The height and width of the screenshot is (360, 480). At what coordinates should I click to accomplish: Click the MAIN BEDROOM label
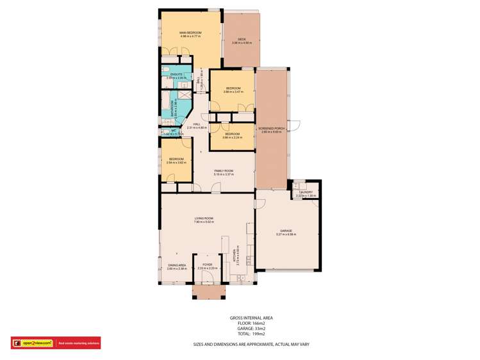pos(191,33)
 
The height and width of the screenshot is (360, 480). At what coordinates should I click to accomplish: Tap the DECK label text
pos(242,40)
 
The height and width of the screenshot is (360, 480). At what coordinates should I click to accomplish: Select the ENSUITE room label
pos(176,75)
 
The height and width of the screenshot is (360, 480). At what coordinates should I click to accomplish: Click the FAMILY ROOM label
pos(224,170)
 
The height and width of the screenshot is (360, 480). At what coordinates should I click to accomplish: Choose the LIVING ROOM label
pos(204,218)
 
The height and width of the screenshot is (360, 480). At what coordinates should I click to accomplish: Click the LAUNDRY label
pos(306,192)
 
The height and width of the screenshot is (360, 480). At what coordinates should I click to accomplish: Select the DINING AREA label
pos(177,265)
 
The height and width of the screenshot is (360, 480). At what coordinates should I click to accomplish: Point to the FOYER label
pos(207,264)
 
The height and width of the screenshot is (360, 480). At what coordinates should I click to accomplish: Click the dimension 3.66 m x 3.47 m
pos(233,92)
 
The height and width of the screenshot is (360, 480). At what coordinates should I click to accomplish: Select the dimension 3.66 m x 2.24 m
pos(232,137)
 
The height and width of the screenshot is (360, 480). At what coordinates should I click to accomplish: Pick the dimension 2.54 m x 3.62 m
pos(176,162)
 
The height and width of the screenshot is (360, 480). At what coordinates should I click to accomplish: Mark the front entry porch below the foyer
pos(209,292)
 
